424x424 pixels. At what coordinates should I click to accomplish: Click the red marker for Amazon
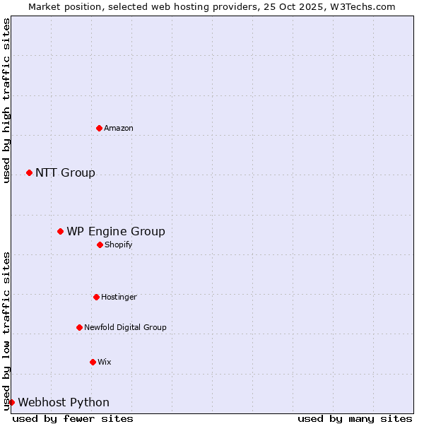pos(99,128)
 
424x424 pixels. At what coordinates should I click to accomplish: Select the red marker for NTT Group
pos(29,172)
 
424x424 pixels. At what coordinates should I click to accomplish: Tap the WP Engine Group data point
pos(60,231)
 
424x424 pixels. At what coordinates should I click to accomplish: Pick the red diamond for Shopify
pos(100,245)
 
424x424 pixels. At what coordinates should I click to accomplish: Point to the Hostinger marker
pos(96,297)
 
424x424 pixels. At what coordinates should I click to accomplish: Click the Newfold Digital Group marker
pos(79,327)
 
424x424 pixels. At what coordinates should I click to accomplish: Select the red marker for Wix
pos(93,362)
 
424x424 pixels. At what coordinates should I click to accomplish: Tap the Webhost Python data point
pos(11,402)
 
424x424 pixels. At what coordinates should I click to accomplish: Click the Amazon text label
pos(119,128)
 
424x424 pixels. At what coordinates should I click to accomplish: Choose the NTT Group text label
pos(65,173)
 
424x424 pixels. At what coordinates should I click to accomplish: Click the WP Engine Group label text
pos(116,232)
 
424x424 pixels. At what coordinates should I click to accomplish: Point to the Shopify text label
pos(119,245)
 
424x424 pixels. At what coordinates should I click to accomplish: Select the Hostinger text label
pos(119,297)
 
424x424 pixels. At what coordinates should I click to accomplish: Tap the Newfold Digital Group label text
pos(125,327)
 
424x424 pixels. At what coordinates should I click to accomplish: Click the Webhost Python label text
pos(64,403)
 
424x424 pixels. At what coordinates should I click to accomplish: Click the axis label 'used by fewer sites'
pos(73,418)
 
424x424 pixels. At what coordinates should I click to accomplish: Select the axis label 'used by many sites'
pos(355,418)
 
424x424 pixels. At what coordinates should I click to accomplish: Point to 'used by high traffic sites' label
pos(6,100)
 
